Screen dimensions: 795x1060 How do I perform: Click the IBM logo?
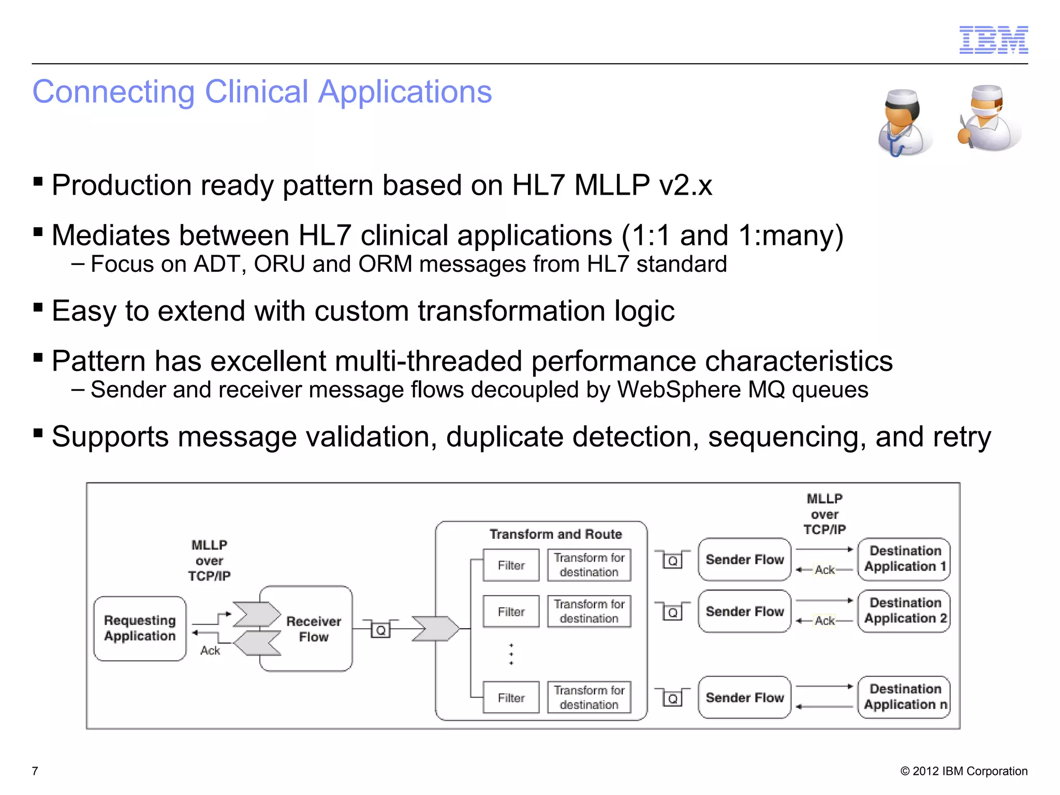click(993, 40)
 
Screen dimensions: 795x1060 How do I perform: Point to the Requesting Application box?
click(140, 628)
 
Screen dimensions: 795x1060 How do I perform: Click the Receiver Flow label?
click(314, 629)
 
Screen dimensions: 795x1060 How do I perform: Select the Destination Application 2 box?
click(905, 611)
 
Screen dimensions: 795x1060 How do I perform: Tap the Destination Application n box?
click(905, 697)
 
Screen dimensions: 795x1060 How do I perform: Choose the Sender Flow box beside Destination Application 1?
click(744, 560)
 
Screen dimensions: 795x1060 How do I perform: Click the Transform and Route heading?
click(555, 534)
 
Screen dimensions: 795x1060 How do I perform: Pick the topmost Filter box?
click(511, 565)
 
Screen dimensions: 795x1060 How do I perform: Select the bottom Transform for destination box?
click(589, 697)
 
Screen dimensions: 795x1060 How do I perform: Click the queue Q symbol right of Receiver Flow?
click(381, 630)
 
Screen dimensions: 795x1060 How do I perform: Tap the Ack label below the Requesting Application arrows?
click(210, 651)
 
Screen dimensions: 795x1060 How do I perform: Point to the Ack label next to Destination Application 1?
click(825, 570)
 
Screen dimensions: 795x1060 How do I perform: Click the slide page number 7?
click(35, 771)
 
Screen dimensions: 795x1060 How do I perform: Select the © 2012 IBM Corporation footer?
click(964, 771)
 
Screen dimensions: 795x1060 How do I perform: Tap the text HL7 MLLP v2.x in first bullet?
click(612, 185)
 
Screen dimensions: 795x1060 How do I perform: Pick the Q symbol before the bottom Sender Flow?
click(672, 699)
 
